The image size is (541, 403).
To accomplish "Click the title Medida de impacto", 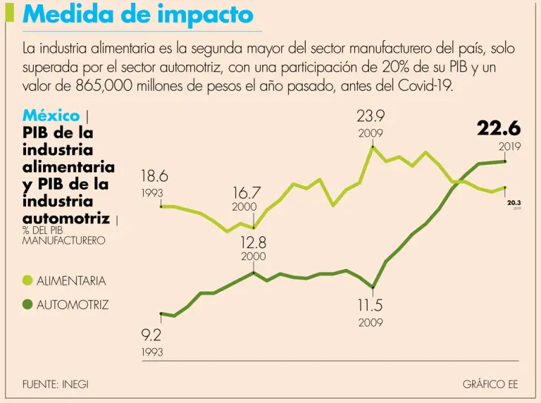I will coord(138,15).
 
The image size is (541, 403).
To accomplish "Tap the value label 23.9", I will coord(371,116).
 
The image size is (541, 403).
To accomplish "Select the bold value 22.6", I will coord(499,128).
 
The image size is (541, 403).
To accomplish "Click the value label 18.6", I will coord(154,176).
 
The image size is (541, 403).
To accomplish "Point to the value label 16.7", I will coord(247,192).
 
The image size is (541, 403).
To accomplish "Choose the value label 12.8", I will coord(253,242).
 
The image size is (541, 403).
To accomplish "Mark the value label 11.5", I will coord(369,306).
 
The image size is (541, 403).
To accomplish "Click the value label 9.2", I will coord(152,336).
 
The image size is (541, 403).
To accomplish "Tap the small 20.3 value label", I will coord(514,202).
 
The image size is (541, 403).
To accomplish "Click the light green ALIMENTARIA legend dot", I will coord(28,280).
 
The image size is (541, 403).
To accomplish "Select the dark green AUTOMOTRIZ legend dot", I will coord(28,305).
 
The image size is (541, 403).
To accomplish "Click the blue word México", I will coord(51,116).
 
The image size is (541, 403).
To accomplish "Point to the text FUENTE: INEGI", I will coord(56,384).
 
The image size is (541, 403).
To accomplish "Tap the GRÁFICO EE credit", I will coord(490,384).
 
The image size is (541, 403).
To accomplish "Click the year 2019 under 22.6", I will coord(509,147).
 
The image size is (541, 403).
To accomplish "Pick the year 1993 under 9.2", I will coord(152,351).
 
